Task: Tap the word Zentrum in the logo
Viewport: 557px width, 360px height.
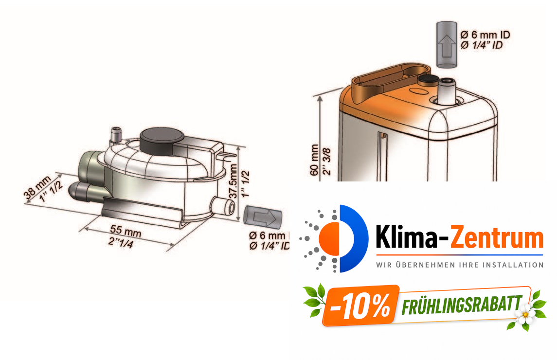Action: click(x=495, y=238)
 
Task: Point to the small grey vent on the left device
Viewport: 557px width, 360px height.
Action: click(x=116, y=133)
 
